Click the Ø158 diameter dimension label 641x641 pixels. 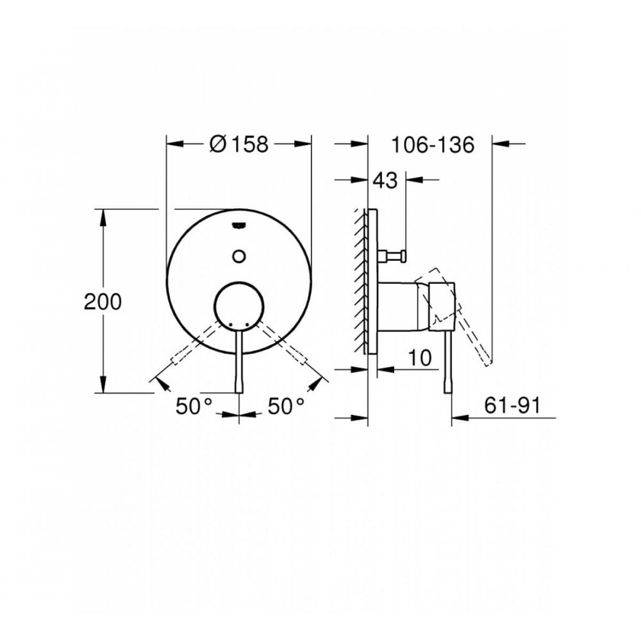click(x=238, y=145)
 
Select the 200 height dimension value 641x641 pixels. click(x=103, y=301)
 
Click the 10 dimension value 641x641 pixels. click(x=420, y=358)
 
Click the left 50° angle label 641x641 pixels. click(x=194, y=406)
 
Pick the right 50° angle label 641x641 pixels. click(x=285, y=406)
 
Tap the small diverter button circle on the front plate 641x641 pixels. click(x=239, y=256)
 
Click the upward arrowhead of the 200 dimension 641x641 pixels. click(x=103, y=215)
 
